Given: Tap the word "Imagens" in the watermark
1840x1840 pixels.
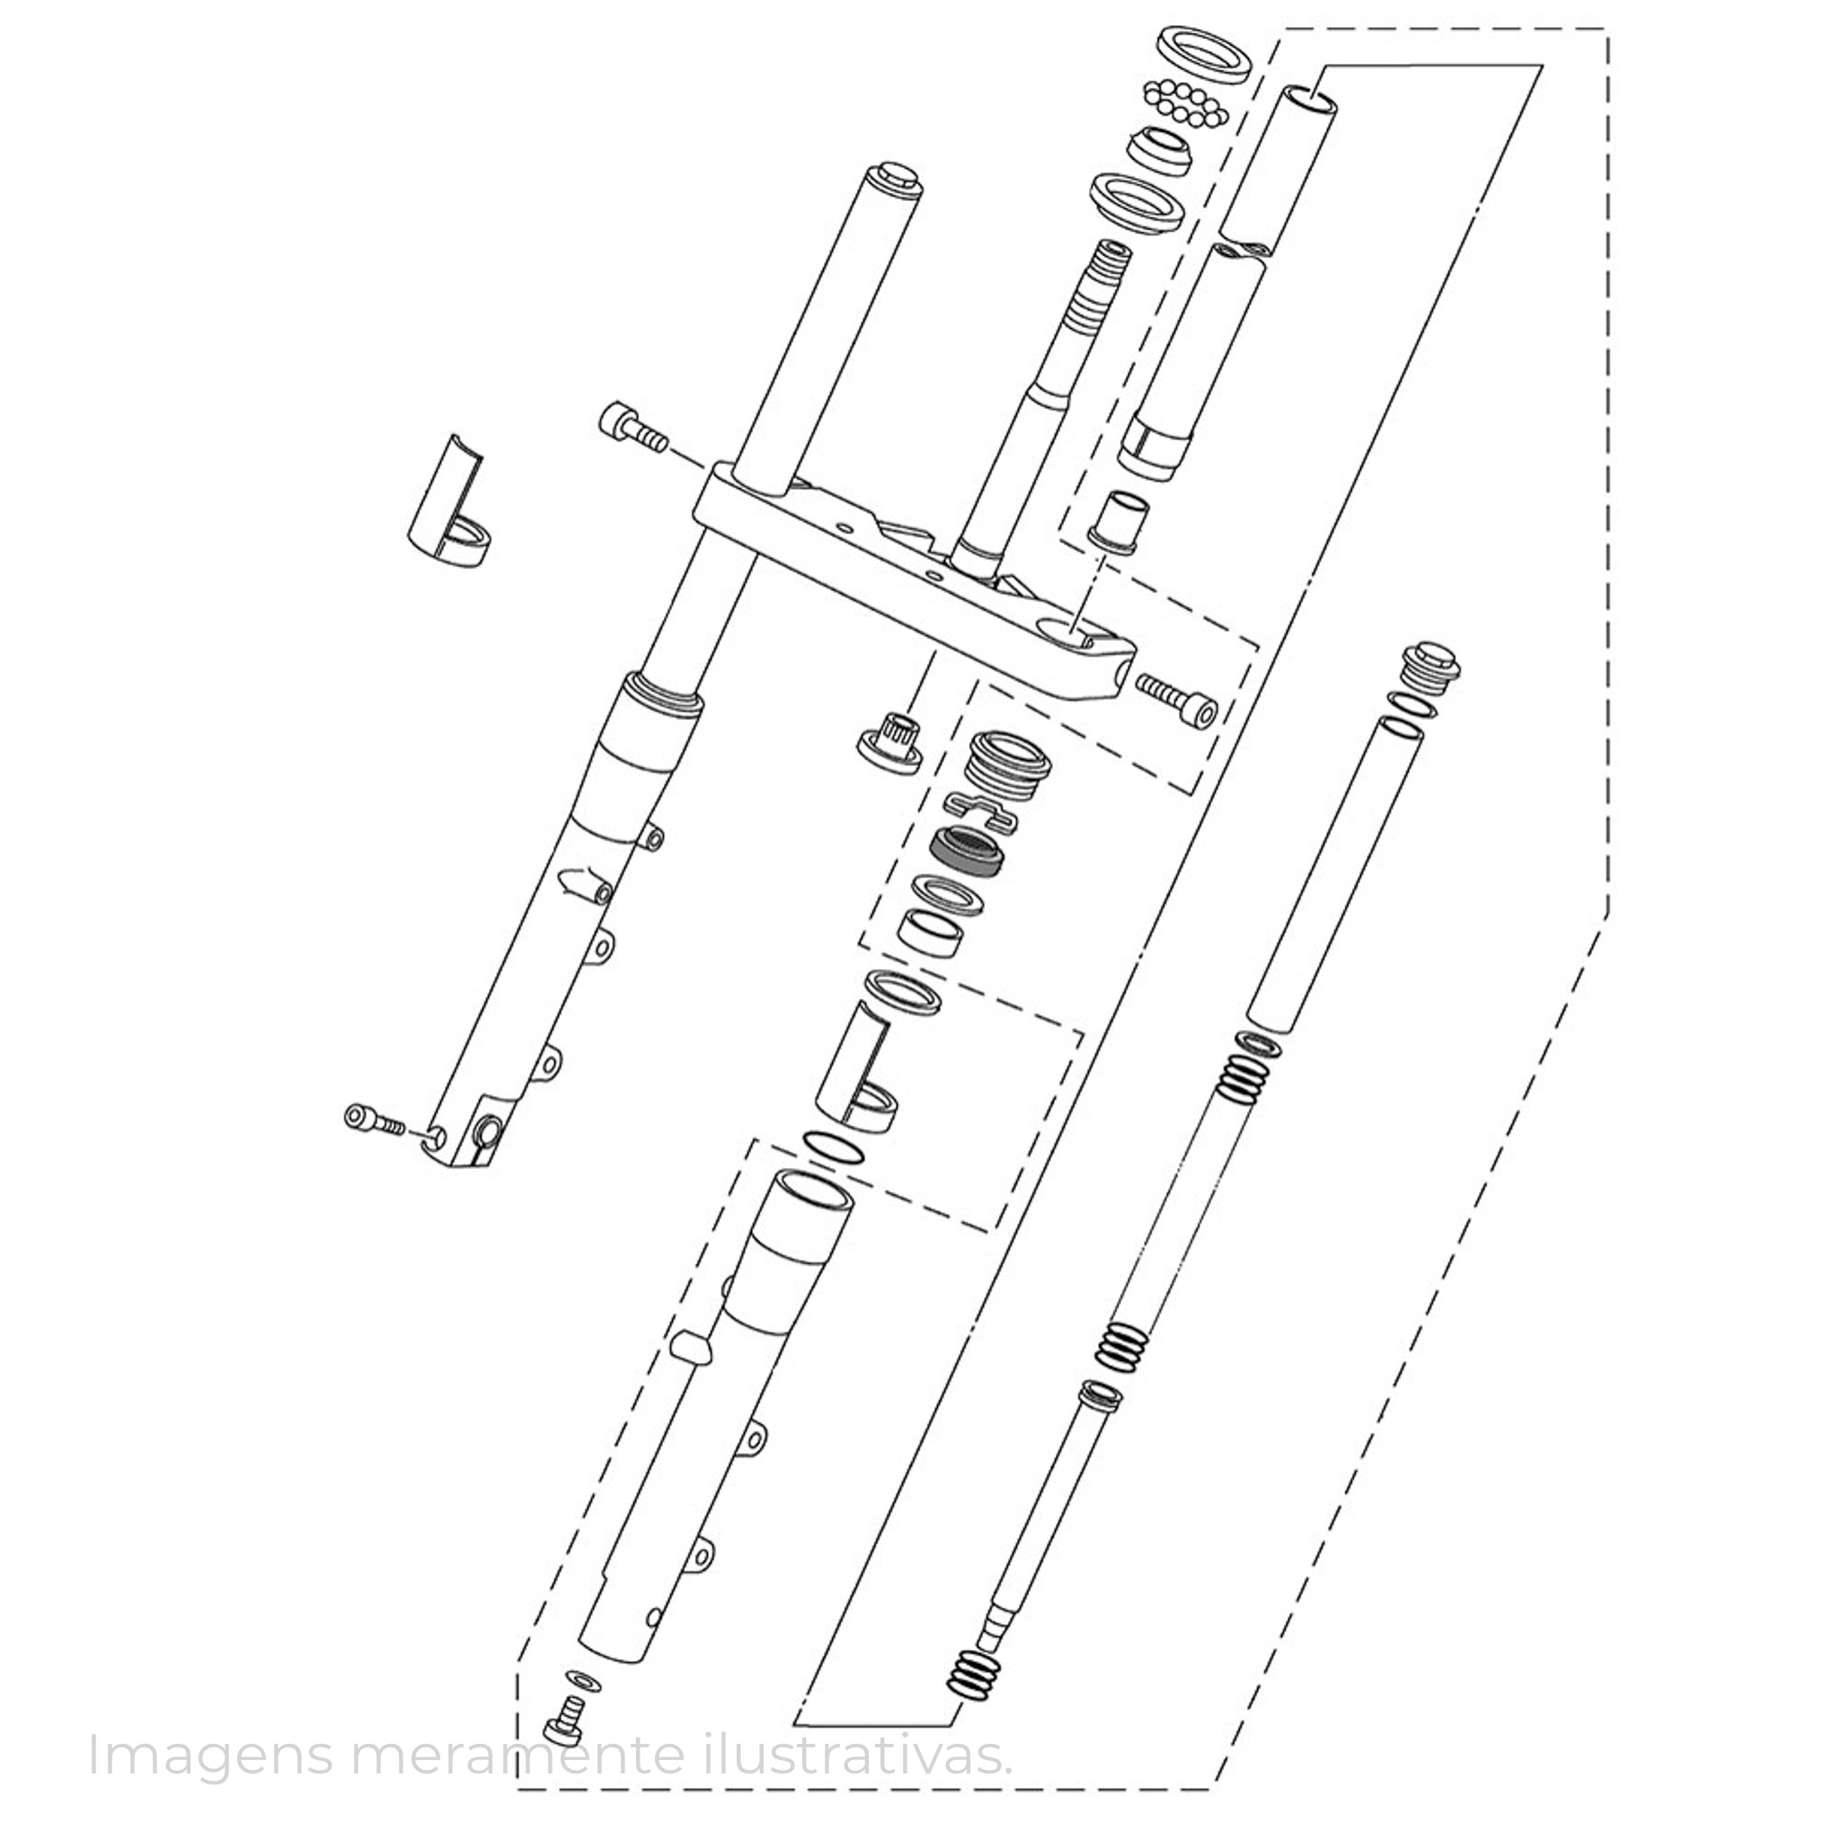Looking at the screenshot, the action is (x=210, y=1756).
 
